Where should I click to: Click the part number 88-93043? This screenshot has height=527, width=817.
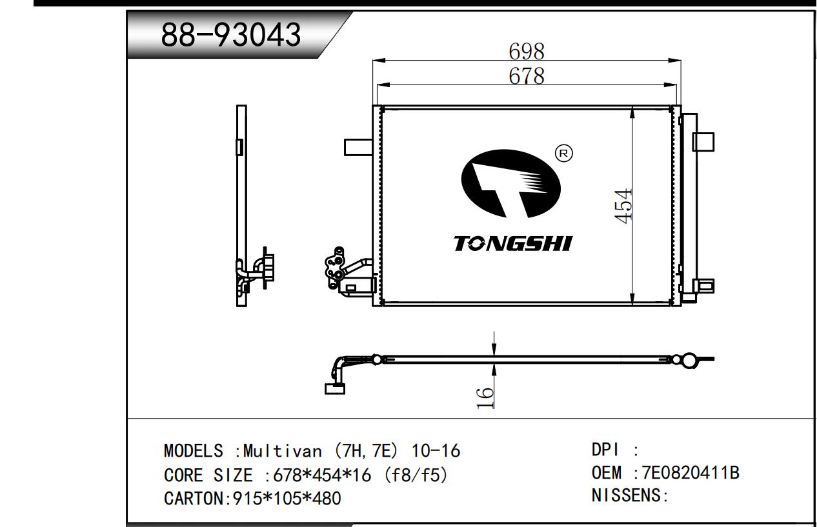pyautogui.click(x=230, y=35)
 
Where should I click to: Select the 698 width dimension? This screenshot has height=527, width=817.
pyautogui.click(x=526, y=51)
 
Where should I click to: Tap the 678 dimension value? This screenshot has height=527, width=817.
pyautogui.click(x=526, y=76)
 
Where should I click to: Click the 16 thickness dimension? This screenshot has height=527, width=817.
pyautogui.click(x=485, y=397)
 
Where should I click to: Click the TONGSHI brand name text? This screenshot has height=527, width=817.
pyautogui.click(x=512, y=244)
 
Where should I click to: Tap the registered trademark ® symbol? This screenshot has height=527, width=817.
pyautogui.click(x=563, y=153)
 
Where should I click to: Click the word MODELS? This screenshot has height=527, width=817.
pyautogui.click(x=194, y=451)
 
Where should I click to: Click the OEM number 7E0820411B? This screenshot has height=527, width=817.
pyautogui.click(x=690, y=473)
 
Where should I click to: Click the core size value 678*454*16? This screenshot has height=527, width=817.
pyautogui.click(x=322, y=475)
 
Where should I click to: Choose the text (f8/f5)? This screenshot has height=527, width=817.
pyautogui.click(x=415, y=475)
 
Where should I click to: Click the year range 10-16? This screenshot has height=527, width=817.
pyautogui.click(x=441, y=451)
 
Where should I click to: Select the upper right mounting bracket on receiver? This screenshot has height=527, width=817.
pyautogui.click(x=703, y=141)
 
